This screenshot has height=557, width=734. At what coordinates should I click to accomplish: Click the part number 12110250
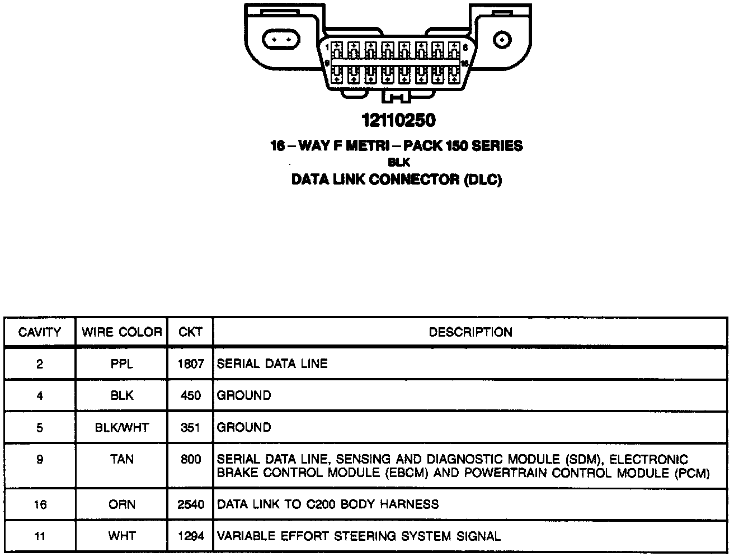click(398, 120)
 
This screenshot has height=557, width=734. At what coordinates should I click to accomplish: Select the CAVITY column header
click(40, 332)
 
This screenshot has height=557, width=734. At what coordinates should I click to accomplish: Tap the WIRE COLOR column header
click(121, 332)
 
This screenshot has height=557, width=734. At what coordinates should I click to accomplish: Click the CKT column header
click(190, 332)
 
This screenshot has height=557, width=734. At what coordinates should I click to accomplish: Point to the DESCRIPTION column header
click(470, 332)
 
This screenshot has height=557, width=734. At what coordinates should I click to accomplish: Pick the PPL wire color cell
click(121, 364)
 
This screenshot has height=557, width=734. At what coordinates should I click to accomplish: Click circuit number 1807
click(190, 364)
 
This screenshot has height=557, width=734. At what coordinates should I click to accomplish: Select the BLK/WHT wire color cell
click(121, 428)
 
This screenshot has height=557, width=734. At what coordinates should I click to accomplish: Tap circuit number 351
click(190, 428)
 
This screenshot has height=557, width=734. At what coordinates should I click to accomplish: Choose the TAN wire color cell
click(121, 460)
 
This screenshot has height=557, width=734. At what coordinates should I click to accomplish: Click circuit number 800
click(190, 460)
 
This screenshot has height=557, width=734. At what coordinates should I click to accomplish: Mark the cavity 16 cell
click(40, 504)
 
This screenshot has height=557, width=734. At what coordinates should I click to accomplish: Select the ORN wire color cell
click(121, 504)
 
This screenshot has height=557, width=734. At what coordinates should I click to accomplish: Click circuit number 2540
click(190, 504)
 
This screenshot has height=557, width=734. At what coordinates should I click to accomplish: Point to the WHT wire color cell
click(121, 536)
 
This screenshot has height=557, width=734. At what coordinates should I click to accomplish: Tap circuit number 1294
click(190, 536)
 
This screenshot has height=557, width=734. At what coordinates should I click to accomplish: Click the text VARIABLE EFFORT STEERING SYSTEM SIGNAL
click(358, 536)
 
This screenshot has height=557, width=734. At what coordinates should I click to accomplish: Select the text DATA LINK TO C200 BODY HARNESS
click(327, 504)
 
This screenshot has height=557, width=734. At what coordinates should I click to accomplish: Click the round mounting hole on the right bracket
click(502, 40)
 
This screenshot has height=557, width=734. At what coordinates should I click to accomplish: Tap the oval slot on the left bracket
click(281, 40)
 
